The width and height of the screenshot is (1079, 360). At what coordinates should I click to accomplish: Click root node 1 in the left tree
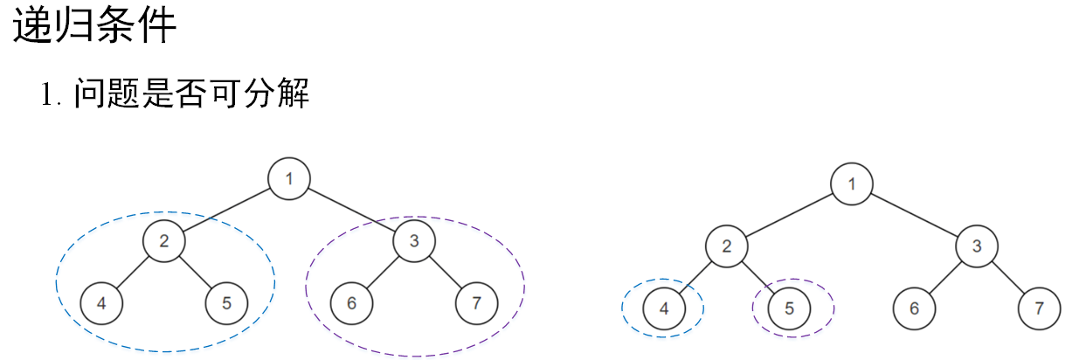coord(289,179)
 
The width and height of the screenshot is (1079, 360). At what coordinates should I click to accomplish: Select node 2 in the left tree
coord(164,240)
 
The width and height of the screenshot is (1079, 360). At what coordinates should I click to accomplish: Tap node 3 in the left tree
coord(414,240)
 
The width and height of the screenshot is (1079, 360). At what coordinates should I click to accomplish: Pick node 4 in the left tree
coord(101,303)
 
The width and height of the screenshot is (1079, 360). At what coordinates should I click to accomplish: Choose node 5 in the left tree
coord(226,303)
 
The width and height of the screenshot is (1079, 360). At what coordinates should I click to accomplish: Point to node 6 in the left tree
coord(351,303)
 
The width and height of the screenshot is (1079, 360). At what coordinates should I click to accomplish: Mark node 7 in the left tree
coord(476,303)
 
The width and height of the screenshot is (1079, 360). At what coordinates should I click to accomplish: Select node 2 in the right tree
coord(727,246)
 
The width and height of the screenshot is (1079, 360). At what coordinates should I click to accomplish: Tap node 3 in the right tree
coord(977,246)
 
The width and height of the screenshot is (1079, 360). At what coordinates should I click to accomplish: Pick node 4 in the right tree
coord(664,308)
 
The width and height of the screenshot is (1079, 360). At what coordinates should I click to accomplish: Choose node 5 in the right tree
coord(789,308)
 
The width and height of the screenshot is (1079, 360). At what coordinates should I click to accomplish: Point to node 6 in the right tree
coord(914,308)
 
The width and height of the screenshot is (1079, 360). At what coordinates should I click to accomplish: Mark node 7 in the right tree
coord(1039,308)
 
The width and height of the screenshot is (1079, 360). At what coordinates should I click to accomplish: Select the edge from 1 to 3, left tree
coord(351,210)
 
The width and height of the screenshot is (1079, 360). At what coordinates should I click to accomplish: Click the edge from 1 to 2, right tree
coord(789,215)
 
